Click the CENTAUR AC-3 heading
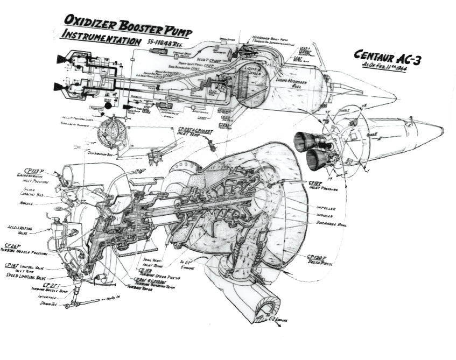tap(388, 58)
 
